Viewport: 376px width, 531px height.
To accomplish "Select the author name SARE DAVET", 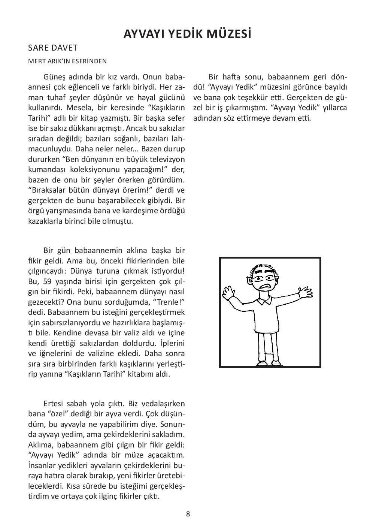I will [53, 48].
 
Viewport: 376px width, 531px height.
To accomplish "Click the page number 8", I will [188, 514].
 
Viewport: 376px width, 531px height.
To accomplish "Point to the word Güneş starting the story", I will [55, 78].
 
